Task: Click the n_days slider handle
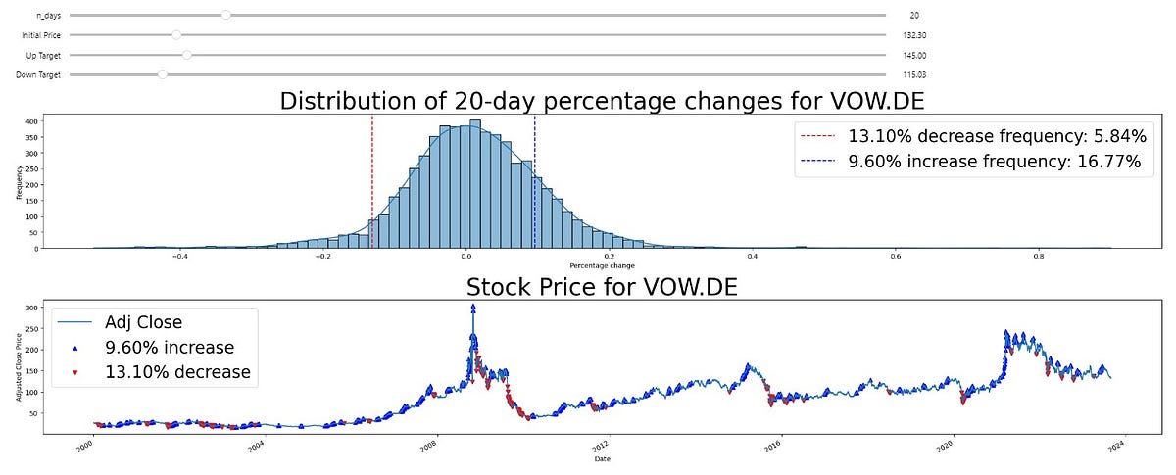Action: (x=226, y=15)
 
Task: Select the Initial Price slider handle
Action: (x=176, y=34)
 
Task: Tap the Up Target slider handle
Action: (x=186, y=55)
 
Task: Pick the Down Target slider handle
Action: (x=163, y=74)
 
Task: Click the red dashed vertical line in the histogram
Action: (x=372, y=176)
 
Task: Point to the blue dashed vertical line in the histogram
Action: (x=534, y=176)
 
